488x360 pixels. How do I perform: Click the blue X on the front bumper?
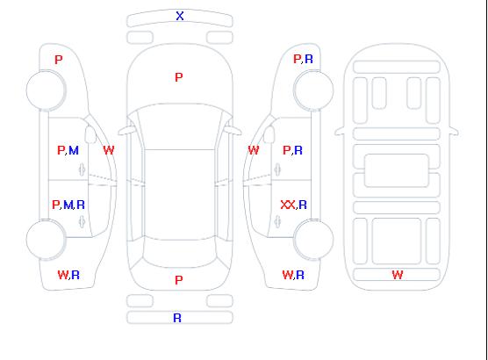(180, 16)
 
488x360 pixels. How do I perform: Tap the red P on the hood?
(179, 77)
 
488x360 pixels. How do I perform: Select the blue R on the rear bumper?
(177, 318)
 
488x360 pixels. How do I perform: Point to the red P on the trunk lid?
(179, 280)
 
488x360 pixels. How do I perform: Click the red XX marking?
(288, 205)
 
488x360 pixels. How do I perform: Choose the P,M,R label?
(68, 205)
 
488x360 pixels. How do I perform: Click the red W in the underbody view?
(398, 275)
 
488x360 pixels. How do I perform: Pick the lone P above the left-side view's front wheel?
(59, 60)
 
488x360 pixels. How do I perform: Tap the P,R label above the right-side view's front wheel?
(303, 59)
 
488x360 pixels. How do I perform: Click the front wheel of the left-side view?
(46, 90)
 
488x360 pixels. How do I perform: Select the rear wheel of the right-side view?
(313, 239)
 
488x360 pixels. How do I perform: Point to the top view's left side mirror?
(126, 131)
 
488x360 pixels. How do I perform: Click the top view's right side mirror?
(234, 131)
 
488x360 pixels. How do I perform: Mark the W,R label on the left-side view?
(68, 275)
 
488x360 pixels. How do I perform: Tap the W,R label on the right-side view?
(293, 275)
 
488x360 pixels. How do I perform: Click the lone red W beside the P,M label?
(109, 150)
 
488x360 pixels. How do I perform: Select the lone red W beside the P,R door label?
(254, 150)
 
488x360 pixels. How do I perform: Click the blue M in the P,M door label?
(74, 151)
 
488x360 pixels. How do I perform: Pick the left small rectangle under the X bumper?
(140, 38)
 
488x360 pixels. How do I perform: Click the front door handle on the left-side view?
(83, 169)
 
